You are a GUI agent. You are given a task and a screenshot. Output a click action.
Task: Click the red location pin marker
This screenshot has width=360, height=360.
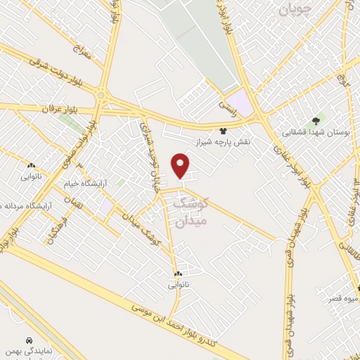click(x=181, y=166)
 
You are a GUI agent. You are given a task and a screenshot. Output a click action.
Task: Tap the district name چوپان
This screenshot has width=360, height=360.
click(x=301, y=9)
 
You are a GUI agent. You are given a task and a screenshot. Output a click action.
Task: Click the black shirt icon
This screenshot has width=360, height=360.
click(x=224, y=130)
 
